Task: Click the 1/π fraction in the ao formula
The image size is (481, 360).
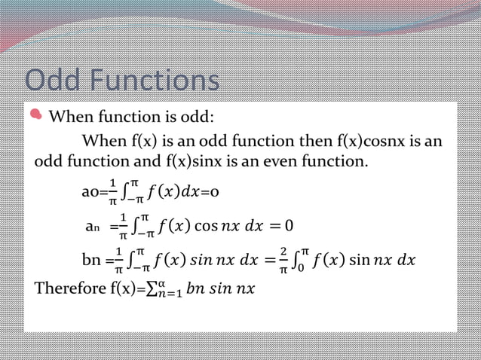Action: coord(112,193)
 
